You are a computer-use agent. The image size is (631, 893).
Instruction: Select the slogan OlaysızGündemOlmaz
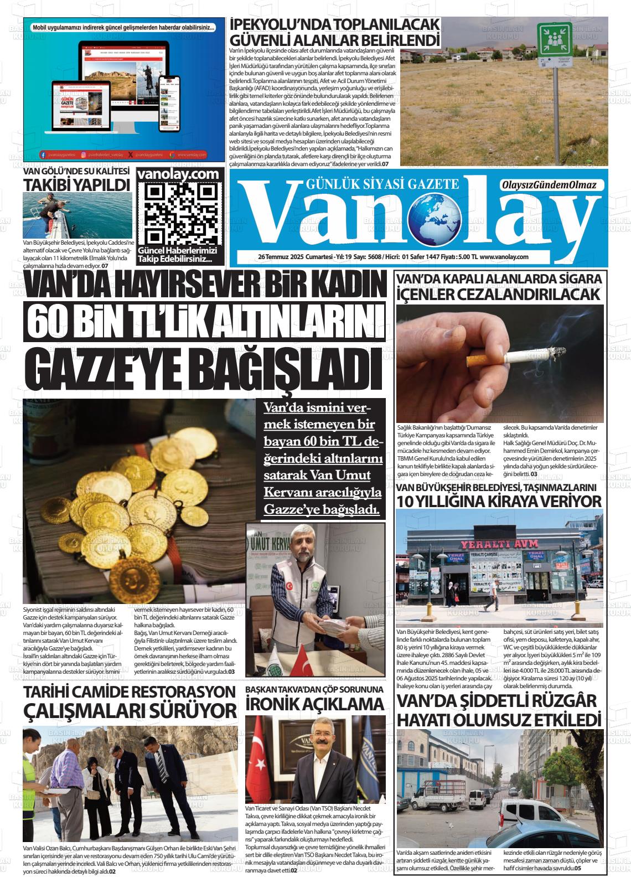pos(549,185)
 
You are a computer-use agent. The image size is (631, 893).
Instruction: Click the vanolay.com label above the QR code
pos(180,173)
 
